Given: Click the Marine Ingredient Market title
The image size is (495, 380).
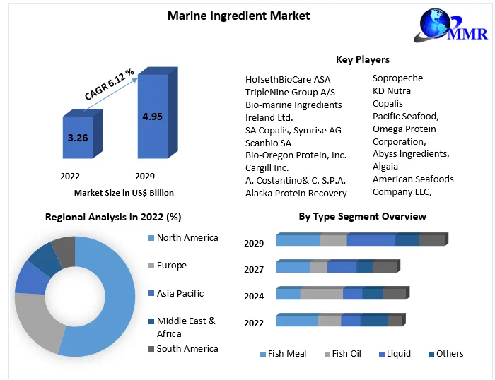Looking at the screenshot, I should tap(238, 15).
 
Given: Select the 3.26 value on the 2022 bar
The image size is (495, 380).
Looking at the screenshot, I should tap(77, 138).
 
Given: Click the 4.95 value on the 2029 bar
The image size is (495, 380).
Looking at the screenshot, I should tap(152, 116).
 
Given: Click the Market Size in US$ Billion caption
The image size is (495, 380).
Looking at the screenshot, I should tap(124, 192).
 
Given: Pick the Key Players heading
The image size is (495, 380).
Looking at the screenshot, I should tap(362, 59).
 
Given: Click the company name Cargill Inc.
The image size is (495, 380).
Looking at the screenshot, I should tap(267, 167).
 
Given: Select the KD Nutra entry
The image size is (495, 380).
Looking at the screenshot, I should tap(391, 90).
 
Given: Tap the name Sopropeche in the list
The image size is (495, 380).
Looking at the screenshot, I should tap(397, 78).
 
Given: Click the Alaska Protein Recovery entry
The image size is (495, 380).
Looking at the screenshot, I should tap(296, 193).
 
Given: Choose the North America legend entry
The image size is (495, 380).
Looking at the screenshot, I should tap(187, 237).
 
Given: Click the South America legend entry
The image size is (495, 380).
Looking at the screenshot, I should tap(187, 348).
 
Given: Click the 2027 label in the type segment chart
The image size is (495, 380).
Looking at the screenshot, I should tap(254, 269).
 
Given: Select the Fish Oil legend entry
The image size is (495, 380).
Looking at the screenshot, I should tap(346, 353).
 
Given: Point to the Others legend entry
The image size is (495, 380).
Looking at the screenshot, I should tap(449, 353).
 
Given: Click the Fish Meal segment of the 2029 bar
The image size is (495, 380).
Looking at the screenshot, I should tap(297, 241).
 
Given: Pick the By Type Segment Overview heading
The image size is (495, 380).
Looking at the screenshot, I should tap(362, 216).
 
